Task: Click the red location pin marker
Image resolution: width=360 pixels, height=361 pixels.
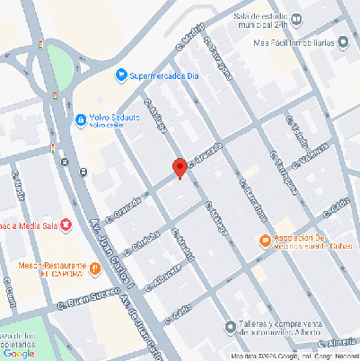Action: click(180, 167)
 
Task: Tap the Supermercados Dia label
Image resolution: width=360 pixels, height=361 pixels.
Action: click(169, 76)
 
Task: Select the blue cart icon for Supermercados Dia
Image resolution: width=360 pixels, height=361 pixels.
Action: click(122, 76)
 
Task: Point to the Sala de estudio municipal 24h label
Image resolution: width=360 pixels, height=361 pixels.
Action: click(269, 22)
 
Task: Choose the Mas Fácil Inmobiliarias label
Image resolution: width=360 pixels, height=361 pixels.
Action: click(301, 41)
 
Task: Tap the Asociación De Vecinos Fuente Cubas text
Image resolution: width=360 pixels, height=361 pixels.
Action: click(310, 241)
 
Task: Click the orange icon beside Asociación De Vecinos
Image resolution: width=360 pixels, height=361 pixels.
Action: click(264, 240)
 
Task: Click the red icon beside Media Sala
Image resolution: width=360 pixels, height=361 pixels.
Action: click(66, 226)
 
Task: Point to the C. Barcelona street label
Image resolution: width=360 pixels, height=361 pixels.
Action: click(253, 199)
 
